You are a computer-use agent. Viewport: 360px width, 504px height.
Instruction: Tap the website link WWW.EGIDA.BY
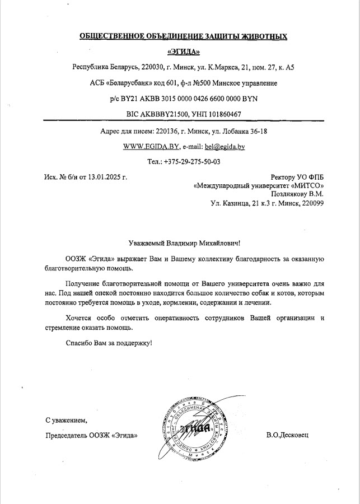151,146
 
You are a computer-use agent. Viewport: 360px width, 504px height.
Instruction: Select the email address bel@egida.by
225,146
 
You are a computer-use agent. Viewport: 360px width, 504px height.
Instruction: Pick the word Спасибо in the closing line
78,342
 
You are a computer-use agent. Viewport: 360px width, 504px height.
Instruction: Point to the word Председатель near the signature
67,435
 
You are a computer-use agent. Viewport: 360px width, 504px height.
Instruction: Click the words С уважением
67,419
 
